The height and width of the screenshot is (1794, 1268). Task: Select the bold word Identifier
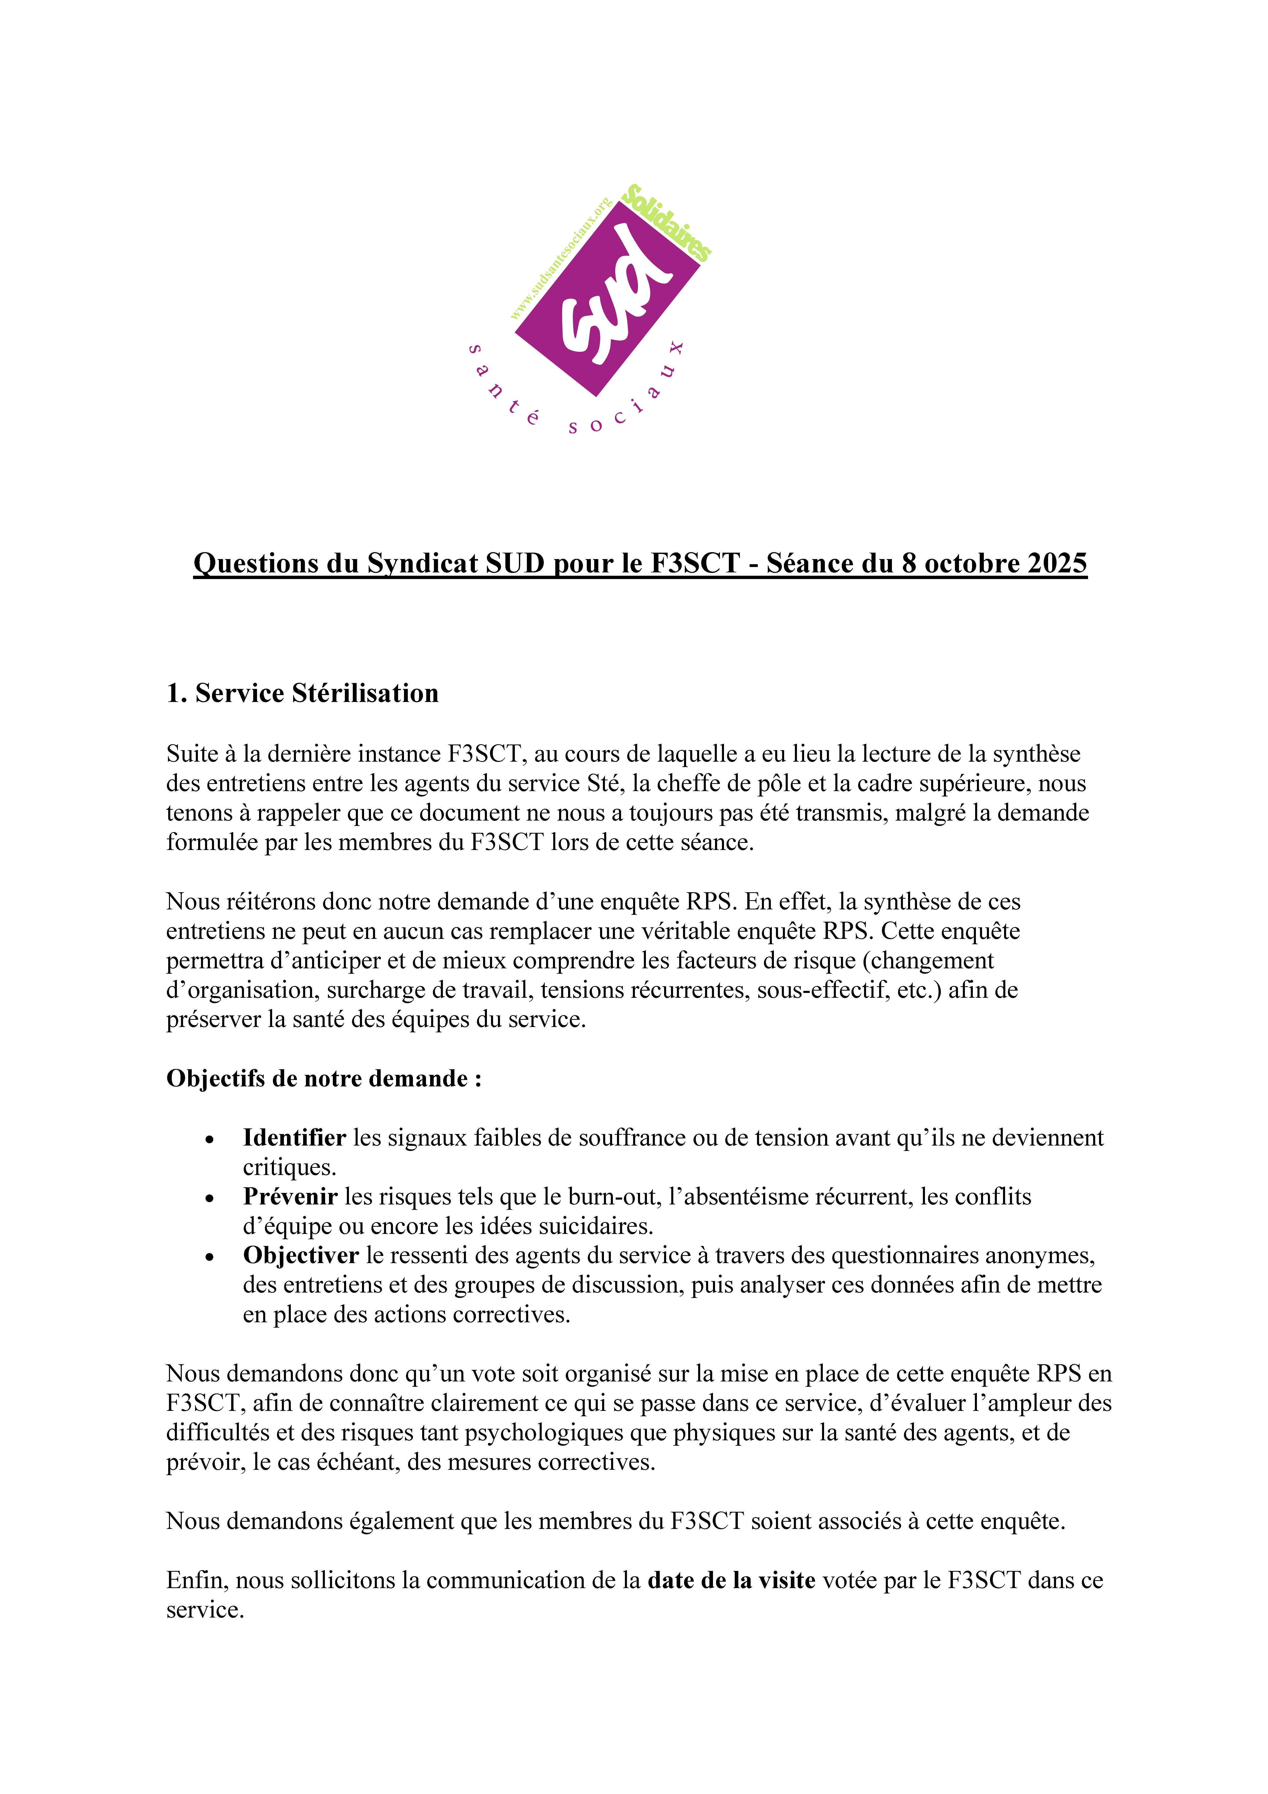coord(294,1138)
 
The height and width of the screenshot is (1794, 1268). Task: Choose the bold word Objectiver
coord(301,1256)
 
